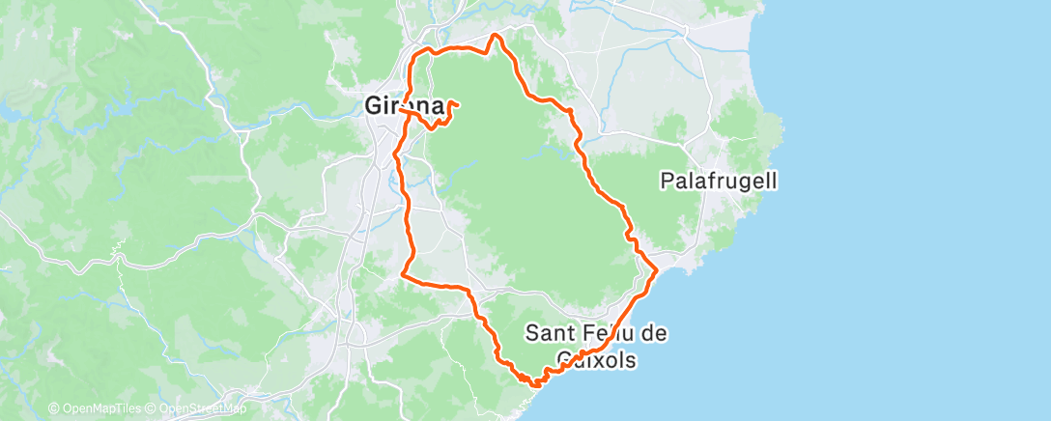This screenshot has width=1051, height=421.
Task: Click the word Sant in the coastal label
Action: tap(546, 333)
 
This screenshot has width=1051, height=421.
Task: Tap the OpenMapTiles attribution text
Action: tap(94, 409)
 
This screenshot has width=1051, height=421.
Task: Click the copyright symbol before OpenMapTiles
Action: tap(54, 409)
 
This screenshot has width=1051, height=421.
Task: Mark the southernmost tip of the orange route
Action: tap(534, 384)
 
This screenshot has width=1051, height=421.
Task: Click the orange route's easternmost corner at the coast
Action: tap(657, 270)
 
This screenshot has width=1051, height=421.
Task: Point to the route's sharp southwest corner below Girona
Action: tap(402, 276)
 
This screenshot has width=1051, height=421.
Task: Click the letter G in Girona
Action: tap(375, 104)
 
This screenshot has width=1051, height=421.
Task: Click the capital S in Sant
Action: tap(532, 333)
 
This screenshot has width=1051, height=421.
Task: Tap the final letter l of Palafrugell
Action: tap(775, 180)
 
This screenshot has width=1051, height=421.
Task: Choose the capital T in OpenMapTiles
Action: tap(118, 409)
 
